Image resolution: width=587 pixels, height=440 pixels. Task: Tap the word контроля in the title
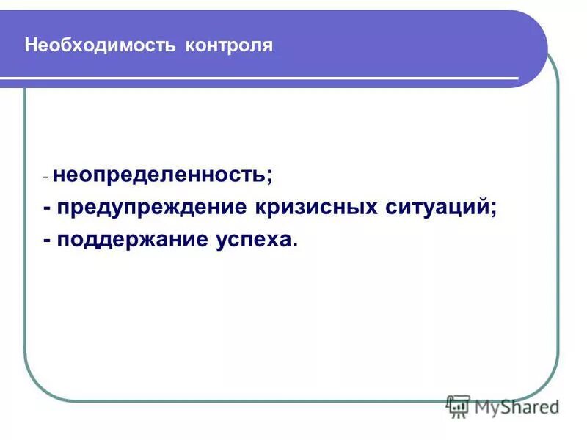(x=229, y=45)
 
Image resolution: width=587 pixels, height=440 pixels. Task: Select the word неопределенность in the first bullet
(x=160, y=176)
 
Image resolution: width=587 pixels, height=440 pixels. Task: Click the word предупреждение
(x=152, y=208)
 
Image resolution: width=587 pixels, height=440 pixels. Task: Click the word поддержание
(x=128, y=240)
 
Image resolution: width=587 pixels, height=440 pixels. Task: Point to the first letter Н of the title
(x=30, y=45)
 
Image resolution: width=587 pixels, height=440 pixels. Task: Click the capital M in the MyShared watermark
(x=484, y=406)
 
